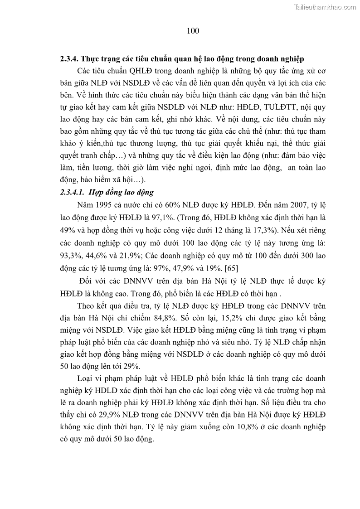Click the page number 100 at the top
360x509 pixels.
pos(193,31)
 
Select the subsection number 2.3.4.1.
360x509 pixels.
pos(73,192)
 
